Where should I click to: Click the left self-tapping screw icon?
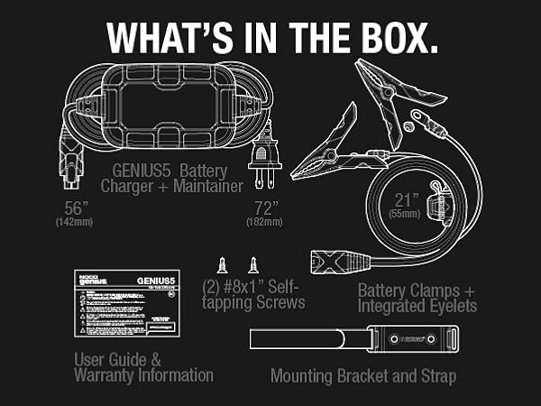pyautogui.click(x=221, y=265)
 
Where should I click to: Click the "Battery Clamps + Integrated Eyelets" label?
pyautogui.click(x=417, y=299)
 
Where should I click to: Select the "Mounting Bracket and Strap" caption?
pyautogui.click(x=363, y=375)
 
